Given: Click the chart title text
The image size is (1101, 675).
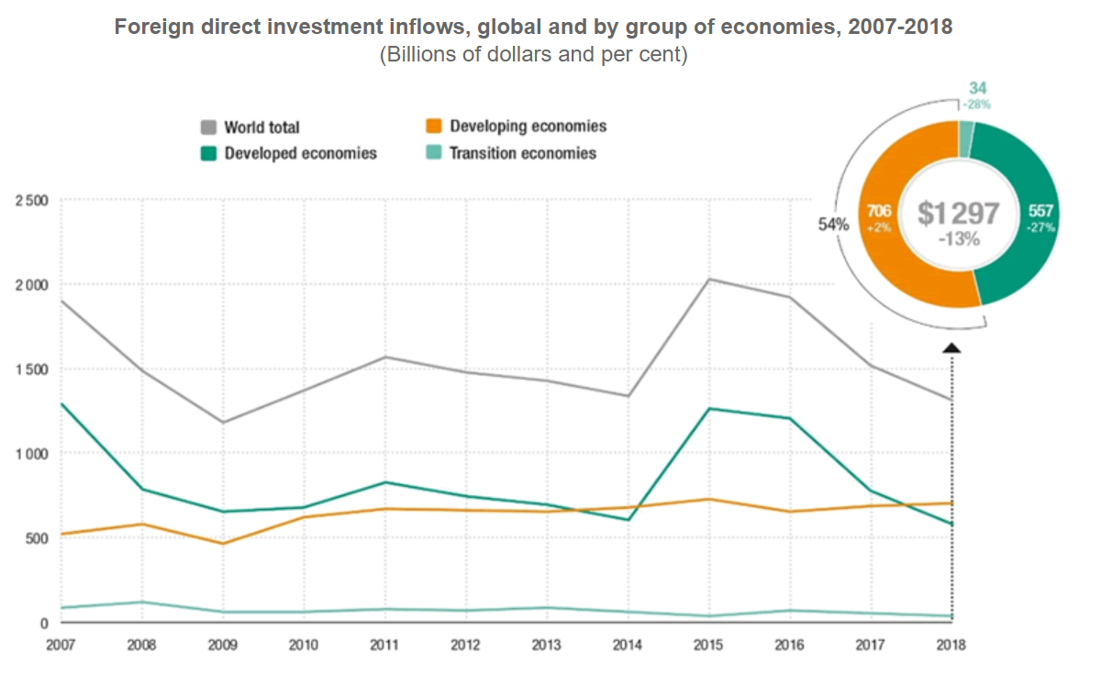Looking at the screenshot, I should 533,27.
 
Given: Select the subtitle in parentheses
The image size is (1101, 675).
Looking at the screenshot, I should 533,54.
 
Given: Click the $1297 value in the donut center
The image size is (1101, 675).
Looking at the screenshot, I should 959,214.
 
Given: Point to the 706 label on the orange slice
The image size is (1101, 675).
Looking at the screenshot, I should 878,212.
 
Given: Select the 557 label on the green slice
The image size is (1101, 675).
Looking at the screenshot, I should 1040,212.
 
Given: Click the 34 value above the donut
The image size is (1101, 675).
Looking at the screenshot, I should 979,89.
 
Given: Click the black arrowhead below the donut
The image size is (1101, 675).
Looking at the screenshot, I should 951,348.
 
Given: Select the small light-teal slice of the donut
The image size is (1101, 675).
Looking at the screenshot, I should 965,138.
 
